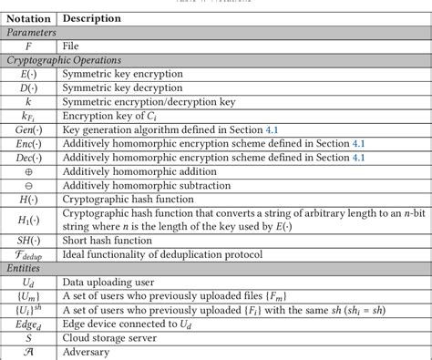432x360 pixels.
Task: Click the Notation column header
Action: point(29,17)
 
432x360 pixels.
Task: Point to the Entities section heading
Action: point(25,268)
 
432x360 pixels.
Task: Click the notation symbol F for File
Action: point(30,45)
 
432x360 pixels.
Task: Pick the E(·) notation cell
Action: point(29,74)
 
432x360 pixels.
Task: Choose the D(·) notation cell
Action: point(29,88)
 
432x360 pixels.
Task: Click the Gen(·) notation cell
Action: point(29,130)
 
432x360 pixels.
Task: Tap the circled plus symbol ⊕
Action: point(29,170)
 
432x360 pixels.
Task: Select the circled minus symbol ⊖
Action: point(29,185)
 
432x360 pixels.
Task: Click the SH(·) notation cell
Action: point(29,240)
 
